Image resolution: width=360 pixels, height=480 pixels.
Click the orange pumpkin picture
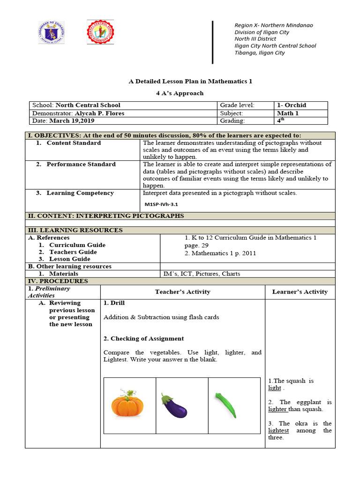[127, 404]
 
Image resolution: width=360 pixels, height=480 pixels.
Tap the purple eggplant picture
[174, 405]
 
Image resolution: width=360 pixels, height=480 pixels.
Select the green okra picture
[225, 405]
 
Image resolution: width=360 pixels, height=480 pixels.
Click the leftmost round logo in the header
[51, 32]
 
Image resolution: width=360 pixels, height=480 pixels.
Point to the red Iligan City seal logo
[100, 35]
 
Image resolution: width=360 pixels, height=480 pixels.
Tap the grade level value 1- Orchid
[291, 105]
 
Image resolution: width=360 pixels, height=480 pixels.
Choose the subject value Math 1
[287, 113]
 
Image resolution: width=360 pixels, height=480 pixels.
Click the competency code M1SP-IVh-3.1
[162, 204]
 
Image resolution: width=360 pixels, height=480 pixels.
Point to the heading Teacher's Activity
[182, 292]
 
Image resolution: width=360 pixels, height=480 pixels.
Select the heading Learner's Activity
[300, 292]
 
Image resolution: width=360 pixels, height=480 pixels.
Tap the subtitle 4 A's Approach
[180, 93]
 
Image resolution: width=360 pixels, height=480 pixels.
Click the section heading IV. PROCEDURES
[58, 281]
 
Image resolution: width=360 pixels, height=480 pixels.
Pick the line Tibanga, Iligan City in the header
[259, 53]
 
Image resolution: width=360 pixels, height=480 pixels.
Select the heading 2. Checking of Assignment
[143, 338]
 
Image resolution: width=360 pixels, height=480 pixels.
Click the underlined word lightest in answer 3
[278, 430]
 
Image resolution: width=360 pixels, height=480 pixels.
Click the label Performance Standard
[81, 164]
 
